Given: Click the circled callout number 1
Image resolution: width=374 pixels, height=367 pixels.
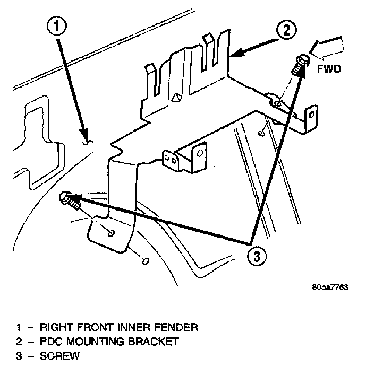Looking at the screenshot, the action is [56, 26].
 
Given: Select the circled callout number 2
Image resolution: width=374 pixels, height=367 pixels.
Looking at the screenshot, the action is [286, 30].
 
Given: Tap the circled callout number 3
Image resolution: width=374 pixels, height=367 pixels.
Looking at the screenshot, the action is [257, 257].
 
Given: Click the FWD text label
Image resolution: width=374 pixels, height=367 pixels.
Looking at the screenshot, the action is [329, 69].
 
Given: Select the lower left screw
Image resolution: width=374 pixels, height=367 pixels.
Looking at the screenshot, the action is [70, 199].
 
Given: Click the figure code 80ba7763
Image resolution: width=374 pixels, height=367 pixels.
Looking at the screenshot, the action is [330, 287].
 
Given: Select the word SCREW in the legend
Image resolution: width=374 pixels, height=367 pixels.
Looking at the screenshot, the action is [59, 356].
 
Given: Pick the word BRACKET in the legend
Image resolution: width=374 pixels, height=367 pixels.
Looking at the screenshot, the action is [154, 342].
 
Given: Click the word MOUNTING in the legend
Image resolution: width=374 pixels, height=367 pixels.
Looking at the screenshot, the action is [95, 342].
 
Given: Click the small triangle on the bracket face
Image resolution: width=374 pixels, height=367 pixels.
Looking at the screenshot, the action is [177, 98].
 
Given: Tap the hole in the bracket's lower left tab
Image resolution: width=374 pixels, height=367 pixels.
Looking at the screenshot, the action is [112, 233].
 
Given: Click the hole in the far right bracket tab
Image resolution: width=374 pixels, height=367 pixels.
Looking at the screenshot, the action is [311, 115].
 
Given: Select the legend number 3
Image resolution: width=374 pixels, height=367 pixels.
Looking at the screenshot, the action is [19, 356].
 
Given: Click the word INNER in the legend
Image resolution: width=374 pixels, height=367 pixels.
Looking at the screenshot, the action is [131, 327].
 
